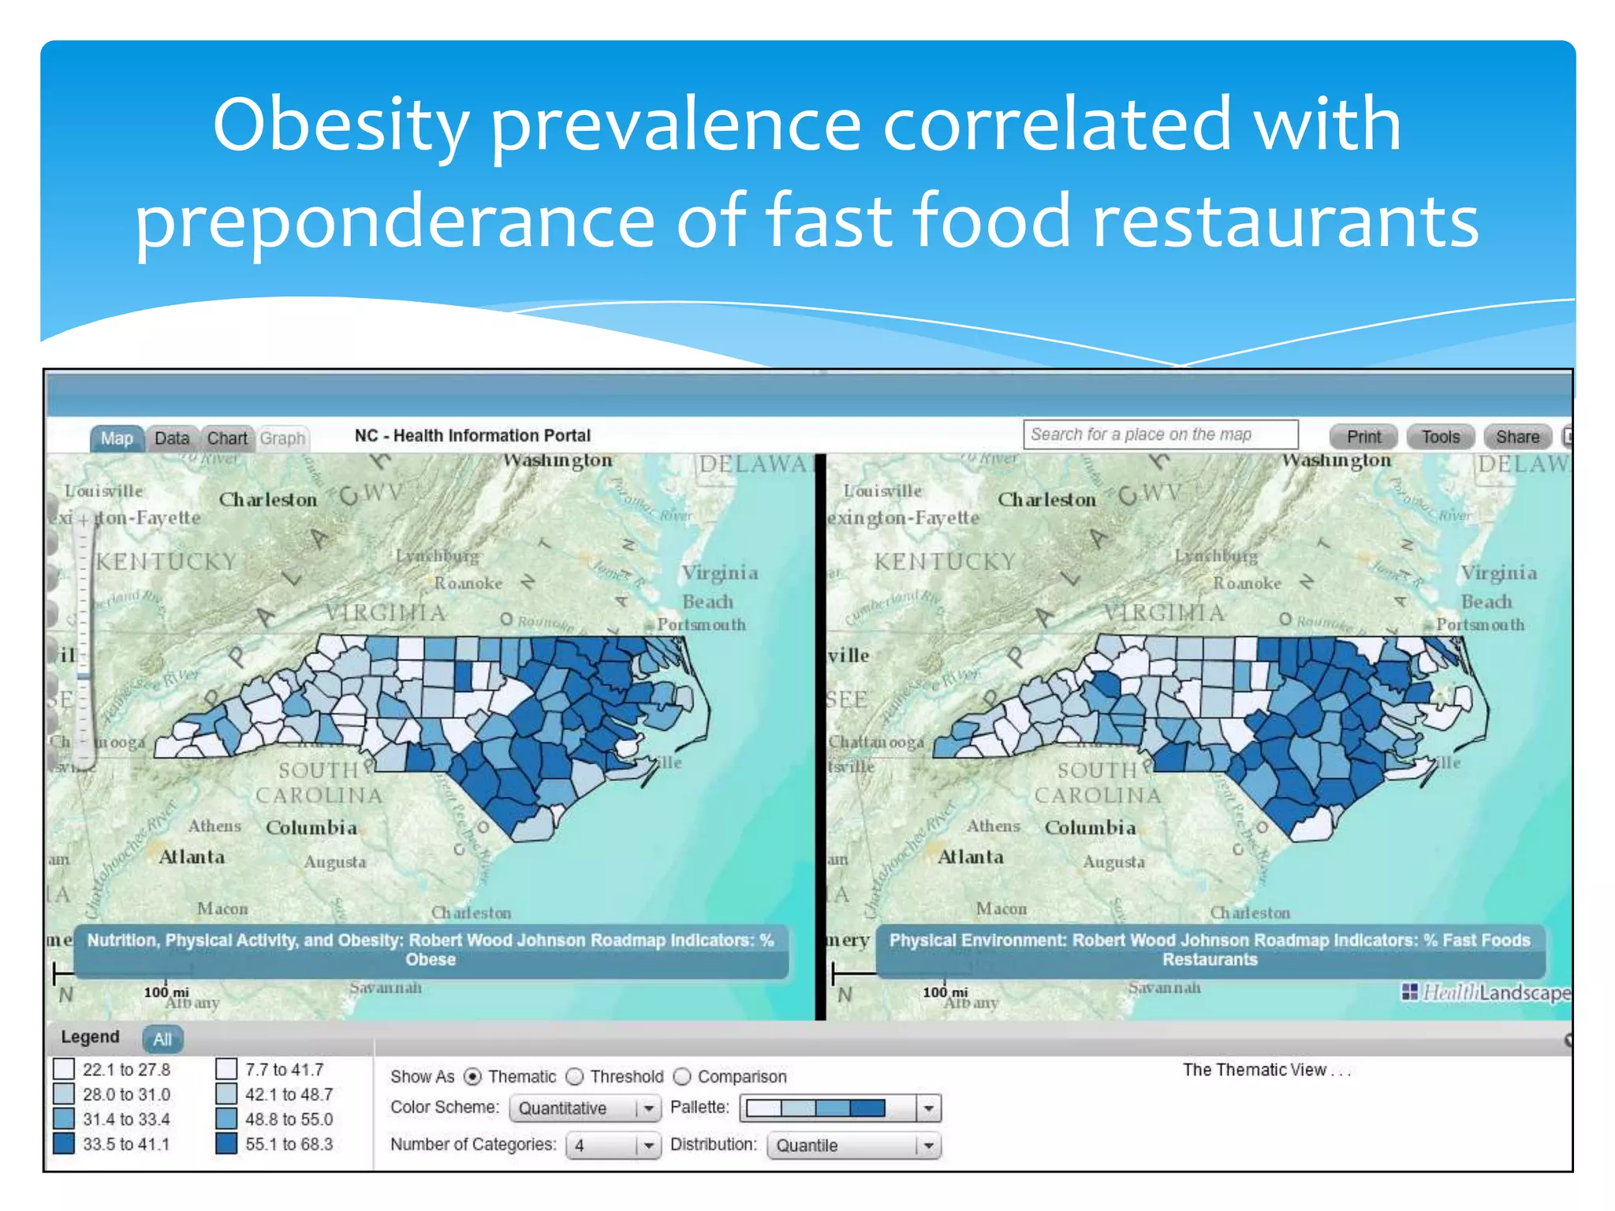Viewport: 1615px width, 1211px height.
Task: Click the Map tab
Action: pos(117,438)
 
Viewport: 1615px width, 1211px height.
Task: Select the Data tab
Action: pos(172,438)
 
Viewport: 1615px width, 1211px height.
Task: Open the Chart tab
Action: pos(227,438)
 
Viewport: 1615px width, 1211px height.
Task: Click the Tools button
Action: pos(1440,437)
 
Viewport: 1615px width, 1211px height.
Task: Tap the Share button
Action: pos(1517,437)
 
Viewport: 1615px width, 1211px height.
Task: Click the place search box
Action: pos(1160,434)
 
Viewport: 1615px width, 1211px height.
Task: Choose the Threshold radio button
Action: pos(576,1077)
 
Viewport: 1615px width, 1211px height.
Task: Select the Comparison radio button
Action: pos(683,1077)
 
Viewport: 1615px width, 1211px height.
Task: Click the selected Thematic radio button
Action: pos(472,1077)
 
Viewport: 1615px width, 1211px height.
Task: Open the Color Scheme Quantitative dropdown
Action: pos(584,1109)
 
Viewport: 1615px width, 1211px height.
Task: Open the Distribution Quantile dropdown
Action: pos(854,1146)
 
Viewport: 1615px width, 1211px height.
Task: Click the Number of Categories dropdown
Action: pos(613,1146)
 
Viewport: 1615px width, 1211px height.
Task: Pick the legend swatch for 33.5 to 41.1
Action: pos(64,1143)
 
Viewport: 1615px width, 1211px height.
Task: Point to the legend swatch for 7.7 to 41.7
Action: pos(226,1069)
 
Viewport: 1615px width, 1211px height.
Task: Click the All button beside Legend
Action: pos(162,1039)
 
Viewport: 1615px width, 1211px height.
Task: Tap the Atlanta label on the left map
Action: pos(192,857)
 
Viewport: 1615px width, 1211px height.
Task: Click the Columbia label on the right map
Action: pos(1090,828)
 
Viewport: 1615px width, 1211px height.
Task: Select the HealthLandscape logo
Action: pos(1486,993)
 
